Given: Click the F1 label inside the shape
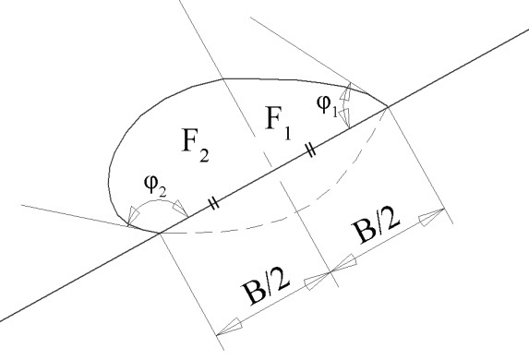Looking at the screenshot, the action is pos(278,122).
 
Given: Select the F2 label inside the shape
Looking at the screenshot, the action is pos(196,145).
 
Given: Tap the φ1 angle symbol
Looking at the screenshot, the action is pos(327,105).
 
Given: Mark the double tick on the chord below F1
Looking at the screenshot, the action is pos(311,150).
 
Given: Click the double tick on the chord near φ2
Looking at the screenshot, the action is pos(214,203).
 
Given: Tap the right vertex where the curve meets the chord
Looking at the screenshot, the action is pos(389,107).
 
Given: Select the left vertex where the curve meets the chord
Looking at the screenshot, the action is pos(159,233).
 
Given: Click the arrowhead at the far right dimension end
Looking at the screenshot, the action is pos(432,216).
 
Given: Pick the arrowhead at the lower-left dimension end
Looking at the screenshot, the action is pos(229,327).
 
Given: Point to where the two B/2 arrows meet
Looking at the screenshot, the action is pos(331,271).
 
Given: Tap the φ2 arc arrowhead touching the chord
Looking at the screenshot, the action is pos(181,210).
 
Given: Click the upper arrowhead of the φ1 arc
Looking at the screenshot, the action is pos(347,90).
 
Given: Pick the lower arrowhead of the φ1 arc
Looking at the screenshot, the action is pos(346,119).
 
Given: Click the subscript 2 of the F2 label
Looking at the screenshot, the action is pos(204,156).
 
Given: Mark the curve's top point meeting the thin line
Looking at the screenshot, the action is pos(223,79).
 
